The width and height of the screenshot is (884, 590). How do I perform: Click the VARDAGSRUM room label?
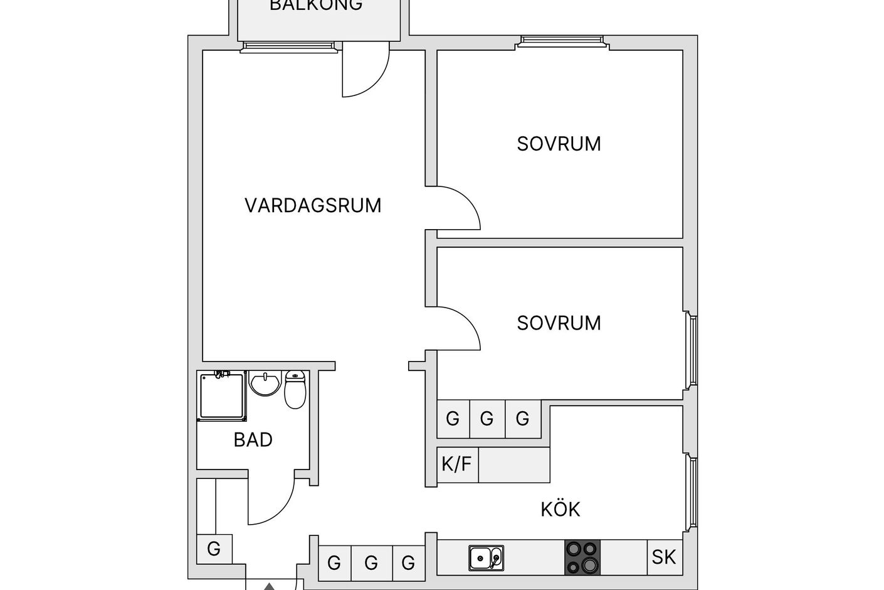point(313,205)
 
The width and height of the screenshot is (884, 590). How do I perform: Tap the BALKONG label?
point(316,5)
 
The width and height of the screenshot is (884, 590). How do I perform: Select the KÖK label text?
point(560,509)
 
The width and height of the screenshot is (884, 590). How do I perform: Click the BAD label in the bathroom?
point(253,440)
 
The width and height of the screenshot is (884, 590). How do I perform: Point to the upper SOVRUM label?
point(559,144)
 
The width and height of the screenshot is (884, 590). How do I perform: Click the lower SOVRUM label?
point(559,323)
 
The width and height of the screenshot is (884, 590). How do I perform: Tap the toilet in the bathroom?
point(295,389)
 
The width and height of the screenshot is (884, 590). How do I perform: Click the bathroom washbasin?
point(265,383)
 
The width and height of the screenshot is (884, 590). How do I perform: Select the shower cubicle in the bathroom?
point(222,396)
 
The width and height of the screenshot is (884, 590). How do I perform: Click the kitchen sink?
point(487,558)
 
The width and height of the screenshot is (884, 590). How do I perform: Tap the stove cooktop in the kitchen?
point(582,557)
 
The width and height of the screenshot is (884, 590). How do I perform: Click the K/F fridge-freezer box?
point(458,464)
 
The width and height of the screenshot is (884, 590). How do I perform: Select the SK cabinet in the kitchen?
point(665,557)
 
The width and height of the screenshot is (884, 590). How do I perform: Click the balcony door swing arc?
point(377,82)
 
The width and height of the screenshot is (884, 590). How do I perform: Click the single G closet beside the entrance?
point(214,549)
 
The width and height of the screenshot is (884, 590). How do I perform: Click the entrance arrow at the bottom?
point(269,586)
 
